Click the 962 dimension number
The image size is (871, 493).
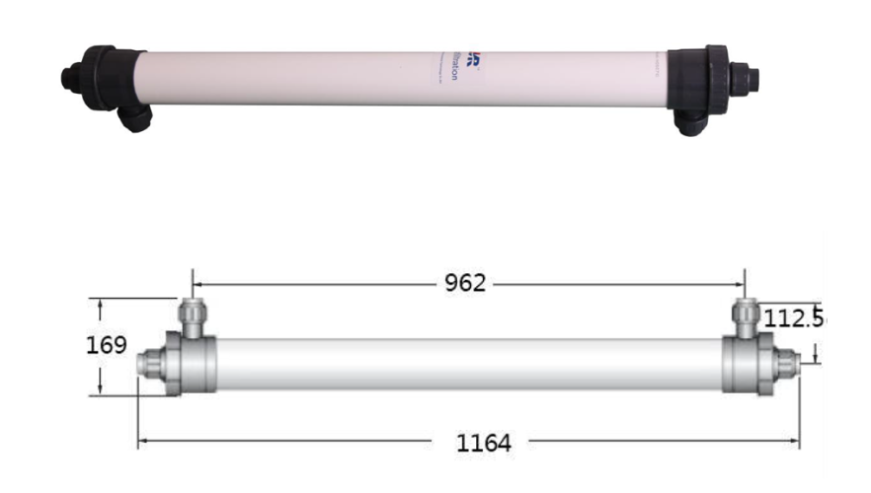click(463, 283)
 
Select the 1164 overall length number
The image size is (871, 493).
click(483, 444)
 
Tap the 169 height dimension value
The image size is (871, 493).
click(108, 345)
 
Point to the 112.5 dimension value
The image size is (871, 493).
click(796, 317)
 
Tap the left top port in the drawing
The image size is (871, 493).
click(191, 315)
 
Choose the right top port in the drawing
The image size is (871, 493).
click(745, 315)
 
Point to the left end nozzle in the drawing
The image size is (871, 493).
click(147, 364)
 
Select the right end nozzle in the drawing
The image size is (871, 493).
click(787, 363)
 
